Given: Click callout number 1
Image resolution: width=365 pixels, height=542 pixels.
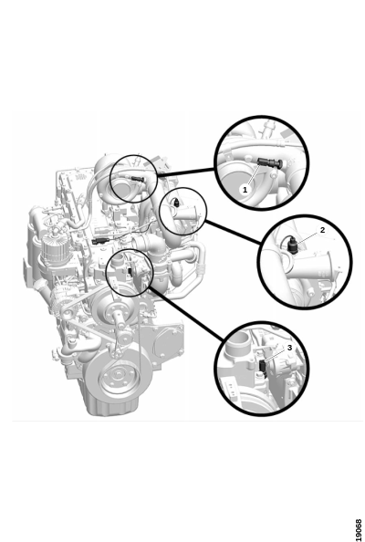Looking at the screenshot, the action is (245, 190).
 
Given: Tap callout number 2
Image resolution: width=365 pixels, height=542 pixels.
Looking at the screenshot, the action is (322, 230).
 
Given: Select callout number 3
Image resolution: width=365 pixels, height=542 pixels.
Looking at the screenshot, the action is (289, 348).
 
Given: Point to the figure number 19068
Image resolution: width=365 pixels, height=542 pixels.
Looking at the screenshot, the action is (359, 529).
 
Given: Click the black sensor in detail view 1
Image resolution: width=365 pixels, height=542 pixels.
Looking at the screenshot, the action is (270, 162).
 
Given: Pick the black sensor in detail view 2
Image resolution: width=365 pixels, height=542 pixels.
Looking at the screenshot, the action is (292, 245).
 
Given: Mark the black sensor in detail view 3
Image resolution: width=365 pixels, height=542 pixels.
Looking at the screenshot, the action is (262, 367).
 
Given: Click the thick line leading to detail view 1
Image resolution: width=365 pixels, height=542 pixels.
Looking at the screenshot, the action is (186, 172).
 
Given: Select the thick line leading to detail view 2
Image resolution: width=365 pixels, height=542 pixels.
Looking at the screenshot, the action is (233, 232).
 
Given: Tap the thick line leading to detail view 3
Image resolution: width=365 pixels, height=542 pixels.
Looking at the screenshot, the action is (186, 312).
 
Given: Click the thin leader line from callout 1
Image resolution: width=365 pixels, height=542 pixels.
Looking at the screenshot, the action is (254, 175).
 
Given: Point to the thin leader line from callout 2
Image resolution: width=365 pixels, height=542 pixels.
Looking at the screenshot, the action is (308, 238).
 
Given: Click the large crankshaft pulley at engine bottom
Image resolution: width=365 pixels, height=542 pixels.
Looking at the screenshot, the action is (119, 378).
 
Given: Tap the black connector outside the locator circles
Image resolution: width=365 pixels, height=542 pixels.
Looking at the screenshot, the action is (99, 241).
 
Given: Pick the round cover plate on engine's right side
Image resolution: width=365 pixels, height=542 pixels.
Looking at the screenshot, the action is (165, 341).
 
